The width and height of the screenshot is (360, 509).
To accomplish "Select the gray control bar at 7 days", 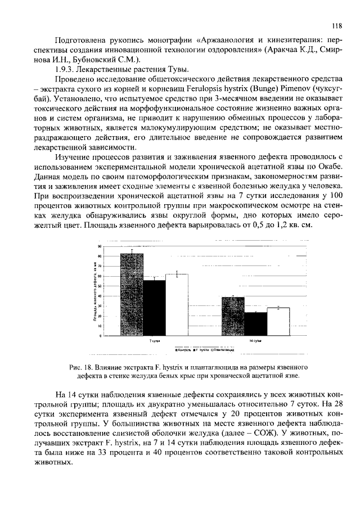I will tap(132, 295).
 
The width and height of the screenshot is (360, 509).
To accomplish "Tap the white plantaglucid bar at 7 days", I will tap(177, 304).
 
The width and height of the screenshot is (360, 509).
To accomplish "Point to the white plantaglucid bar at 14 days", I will tap(278, 322).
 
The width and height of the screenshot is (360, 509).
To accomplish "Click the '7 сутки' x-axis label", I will tap(155, 341).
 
